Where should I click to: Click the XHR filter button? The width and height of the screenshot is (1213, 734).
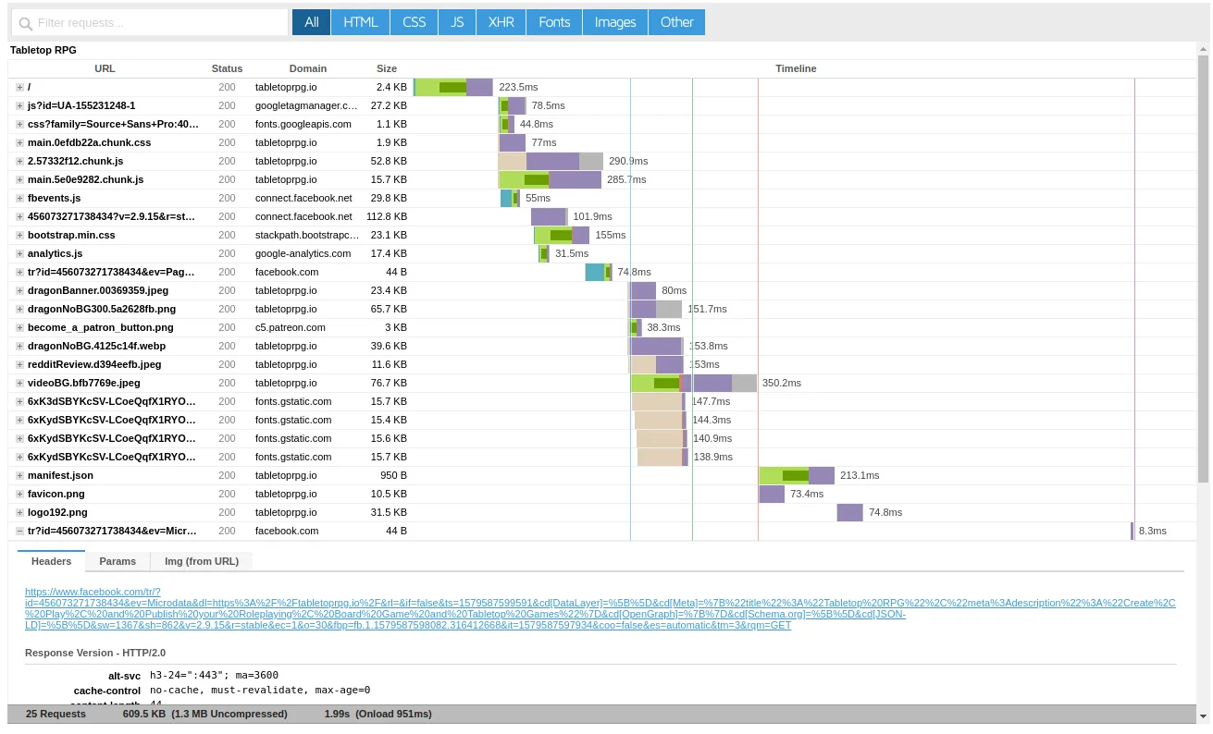501,22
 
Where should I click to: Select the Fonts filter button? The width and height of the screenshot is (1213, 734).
554,22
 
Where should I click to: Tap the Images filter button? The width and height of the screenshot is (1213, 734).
615,22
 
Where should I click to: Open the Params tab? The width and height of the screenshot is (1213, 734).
118,561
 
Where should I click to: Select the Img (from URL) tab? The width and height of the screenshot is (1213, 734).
201,561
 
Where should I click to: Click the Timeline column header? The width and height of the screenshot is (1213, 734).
796,68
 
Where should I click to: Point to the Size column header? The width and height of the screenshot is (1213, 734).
387,68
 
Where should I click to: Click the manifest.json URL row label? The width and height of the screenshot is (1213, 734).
60,475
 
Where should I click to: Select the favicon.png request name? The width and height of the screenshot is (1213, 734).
56,494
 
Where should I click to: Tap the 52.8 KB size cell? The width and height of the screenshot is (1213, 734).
390,161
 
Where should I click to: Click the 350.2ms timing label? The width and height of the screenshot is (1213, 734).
782,383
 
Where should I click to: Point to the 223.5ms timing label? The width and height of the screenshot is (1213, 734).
518,87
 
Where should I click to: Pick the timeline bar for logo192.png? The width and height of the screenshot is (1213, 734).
849,512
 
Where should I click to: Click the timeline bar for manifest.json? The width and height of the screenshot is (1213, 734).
797,475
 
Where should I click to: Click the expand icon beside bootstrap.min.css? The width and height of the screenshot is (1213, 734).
19,235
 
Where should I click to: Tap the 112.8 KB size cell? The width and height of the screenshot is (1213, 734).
387,216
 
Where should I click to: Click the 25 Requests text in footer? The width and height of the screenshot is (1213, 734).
56,714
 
